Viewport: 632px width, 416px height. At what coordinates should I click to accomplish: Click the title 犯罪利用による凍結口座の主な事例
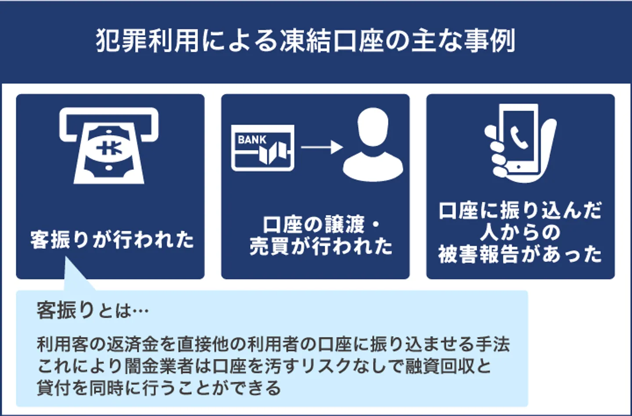click(305, 41)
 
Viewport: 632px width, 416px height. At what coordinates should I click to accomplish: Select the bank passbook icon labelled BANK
click(263, 148)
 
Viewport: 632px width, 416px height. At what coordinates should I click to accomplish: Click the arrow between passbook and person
click(321, 147)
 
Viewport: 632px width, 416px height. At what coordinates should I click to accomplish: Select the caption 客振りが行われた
click(112, 240)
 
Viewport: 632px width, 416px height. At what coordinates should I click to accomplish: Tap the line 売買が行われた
click(321, 247)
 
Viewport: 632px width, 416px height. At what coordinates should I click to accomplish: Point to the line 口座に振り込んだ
click(520, 211)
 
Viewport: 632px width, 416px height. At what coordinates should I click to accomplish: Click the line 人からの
click(520, 232)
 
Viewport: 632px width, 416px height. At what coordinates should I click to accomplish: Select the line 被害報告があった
click(520, 254)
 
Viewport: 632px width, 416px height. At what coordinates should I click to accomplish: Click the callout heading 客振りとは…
click(93, 311)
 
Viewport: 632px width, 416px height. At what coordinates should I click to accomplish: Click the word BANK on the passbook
click(252, 140)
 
